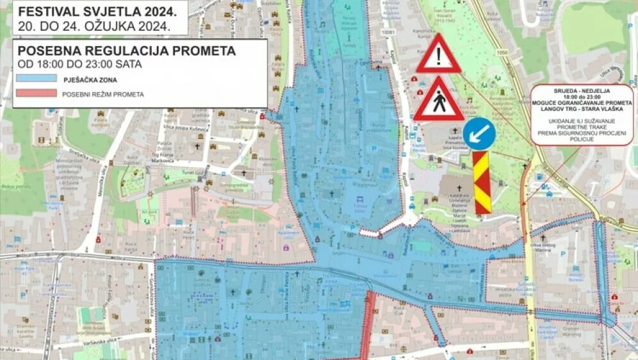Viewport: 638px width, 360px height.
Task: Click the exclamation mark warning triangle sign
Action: click(438, 55)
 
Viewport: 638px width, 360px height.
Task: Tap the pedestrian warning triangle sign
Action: click(439, 101)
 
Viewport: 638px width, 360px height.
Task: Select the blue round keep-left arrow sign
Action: click(479, 134)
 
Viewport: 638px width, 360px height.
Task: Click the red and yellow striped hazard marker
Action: click(482, 183)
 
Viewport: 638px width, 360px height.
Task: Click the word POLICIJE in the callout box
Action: click(582, 138)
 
